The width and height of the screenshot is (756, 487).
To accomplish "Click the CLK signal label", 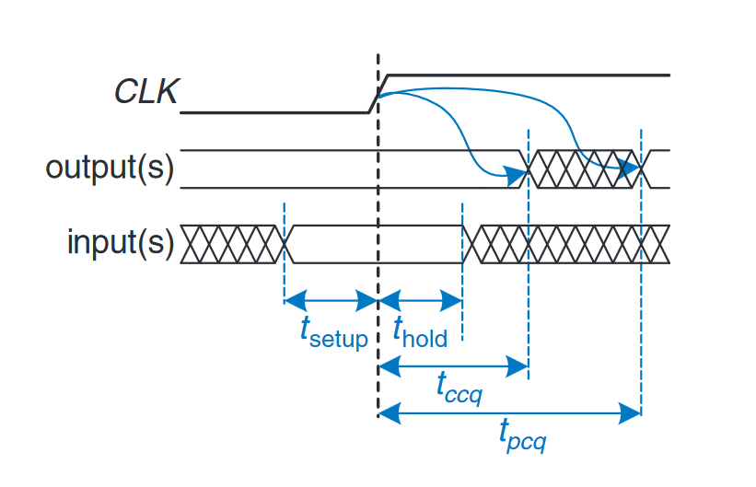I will tap(145, 92).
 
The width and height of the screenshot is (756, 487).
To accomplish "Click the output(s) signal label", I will tap(110, 169).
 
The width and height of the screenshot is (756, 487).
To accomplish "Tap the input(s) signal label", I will tap(120, 243).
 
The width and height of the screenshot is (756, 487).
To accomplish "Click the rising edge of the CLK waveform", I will tap(378, 93).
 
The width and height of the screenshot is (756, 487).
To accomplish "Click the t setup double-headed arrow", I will tap(331, 300).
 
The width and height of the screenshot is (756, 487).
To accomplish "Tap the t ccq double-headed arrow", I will tap(453, 366).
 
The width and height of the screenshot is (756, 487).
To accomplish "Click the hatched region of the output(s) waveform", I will tap(585, 169).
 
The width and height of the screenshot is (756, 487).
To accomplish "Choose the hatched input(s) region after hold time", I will tap(566, 244).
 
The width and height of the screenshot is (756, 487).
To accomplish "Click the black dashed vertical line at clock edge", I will tap(378, 276).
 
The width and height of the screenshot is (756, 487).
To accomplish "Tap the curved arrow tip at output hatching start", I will tap(510, 172).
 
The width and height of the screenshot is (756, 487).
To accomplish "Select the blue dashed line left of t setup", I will tap(285, 267).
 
